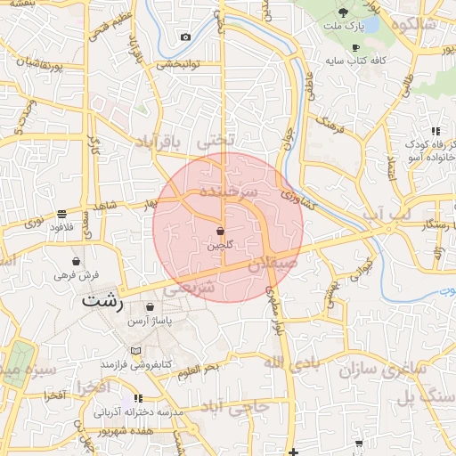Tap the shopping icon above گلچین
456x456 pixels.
point(220,231)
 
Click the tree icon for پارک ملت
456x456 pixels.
point(344,12)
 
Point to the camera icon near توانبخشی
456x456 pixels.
point(184,37)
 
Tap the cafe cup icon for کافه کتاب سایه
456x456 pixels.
point(356,48)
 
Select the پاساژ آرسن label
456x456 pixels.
point(150,319)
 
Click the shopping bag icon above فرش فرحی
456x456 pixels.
point(77,263)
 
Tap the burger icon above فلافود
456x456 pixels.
point(61,214)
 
